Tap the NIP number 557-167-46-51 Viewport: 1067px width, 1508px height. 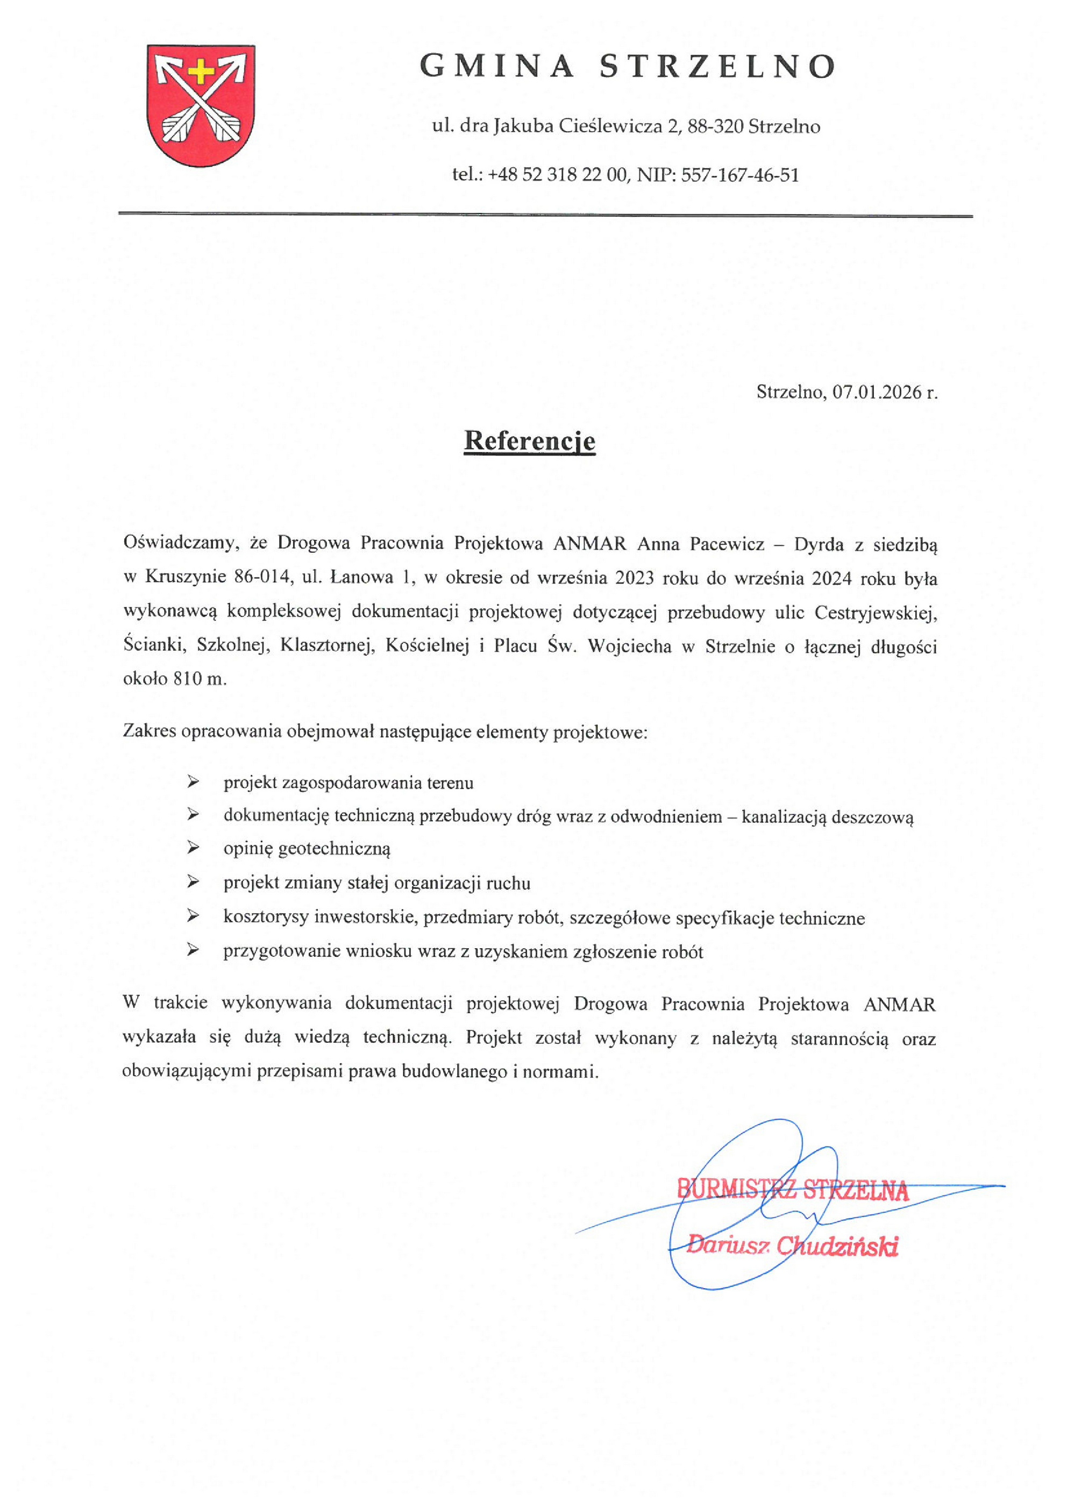[740, 175]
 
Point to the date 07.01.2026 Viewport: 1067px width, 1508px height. [877, 392]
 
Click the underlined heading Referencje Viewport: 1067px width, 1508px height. [530, 440]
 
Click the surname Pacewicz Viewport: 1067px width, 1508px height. [727, 544]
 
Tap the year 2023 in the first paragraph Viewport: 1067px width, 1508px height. [635, 578]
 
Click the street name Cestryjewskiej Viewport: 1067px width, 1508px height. [876, 613]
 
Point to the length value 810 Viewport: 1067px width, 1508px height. [189, 679]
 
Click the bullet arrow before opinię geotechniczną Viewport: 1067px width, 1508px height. [193, 848]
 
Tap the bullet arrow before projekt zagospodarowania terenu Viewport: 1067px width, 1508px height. [193, 781]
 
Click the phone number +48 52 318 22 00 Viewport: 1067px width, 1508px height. [557, 175]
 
